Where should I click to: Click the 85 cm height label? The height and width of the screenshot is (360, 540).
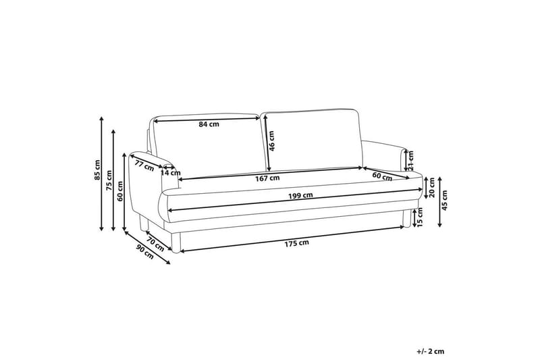pos(97,174)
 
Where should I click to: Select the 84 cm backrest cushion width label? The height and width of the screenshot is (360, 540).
pos(209,124)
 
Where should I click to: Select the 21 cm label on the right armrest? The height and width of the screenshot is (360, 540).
pos(411,159)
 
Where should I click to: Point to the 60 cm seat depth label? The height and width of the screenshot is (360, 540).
pos(382,176)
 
